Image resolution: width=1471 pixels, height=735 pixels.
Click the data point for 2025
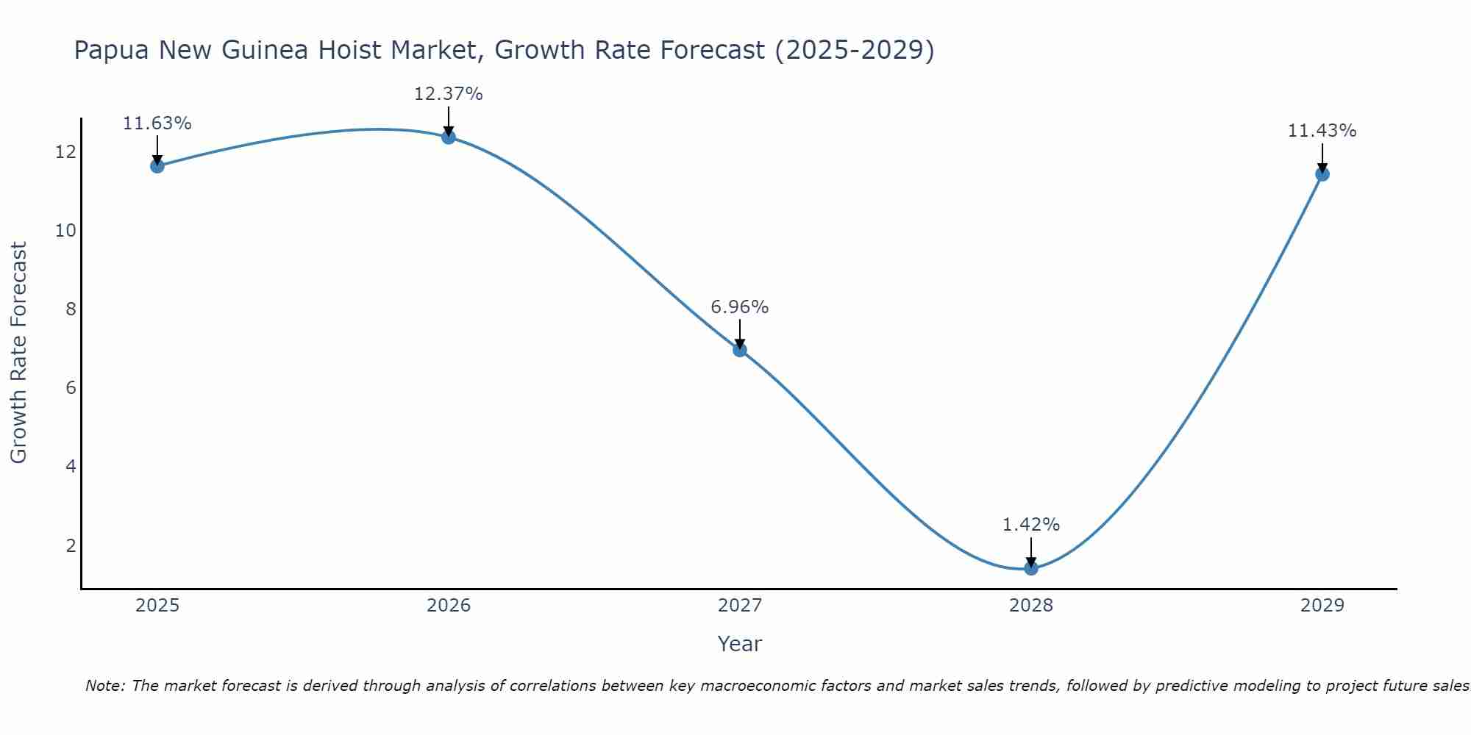[x=157, y=166]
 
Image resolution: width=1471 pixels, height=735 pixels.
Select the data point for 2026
[x=449, y=137]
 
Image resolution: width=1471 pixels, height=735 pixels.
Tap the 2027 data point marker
[x=740, y=350]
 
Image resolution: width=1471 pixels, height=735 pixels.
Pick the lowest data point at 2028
[x=1031, y=568]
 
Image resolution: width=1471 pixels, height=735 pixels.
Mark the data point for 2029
[x=1322, y=174]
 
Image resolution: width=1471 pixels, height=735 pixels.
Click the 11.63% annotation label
[x=157, y=123]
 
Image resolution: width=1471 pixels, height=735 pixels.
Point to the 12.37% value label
[x=449, y=94]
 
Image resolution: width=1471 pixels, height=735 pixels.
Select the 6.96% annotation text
[x=740, y=307]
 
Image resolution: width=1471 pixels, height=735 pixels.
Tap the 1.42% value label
[x=1031, y=525]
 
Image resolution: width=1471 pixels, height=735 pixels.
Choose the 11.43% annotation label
[x=1322, y=131]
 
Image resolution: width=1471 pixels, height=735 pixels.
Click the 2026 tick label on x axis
[x=449, y=606]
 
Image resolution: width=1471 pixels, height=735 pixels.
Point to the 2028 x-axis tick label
[x=1031, y=606]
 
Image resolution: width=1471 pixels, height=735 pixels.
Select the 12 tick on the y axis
[x=65, y=152]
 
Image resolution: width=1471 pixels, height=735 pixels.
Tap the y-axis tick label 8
[x=71, y=309]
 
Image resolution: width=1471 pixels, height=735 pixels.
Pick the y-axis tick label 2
[x=71, y=545]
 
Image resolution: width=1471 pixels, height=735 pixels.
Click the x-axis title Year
[x=740, y=644]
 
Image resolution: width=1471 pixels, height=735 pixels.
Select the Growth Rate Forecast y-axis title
[x=19, y=353]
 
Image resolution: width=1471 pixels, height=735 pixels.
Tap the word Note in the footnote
[x=105, y=686]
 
